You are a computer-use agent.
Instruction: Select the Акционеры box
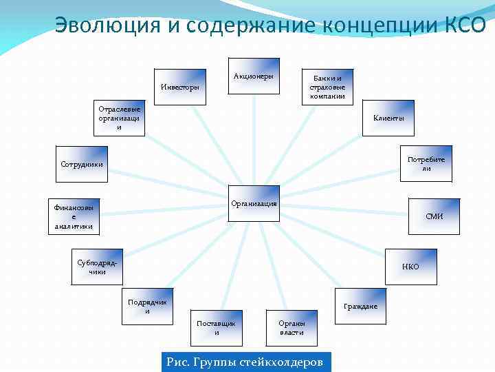coord(254,76)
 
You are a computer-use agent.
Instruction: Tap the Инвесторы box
coord(179,87)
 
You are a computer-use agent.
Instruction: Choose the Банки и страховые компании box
coord(327,87)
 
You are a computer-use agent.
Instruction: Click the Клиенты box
coord(388,118)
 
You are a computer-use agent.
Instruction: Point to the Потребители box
coord(426,164)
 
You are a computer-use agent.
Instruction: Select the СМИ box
coord(434,216)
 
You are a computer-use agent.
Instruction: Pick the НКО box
coord(410,267)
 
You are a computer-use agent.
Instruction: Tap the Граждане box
coord(361,305)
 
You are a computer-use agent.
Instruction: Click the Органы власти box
coord(291,327)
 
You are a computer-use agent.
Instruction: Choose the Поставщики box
coord(217,327)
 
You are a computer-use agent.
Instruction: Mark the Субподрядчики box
coord(97,267)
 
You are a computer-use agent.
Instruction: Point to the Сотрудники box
coord(82,165)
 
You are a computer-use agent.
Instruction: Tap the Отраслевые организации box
coord(120,118)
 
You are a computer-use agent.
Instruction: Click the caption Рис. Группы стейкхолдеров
coord(245,362)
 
